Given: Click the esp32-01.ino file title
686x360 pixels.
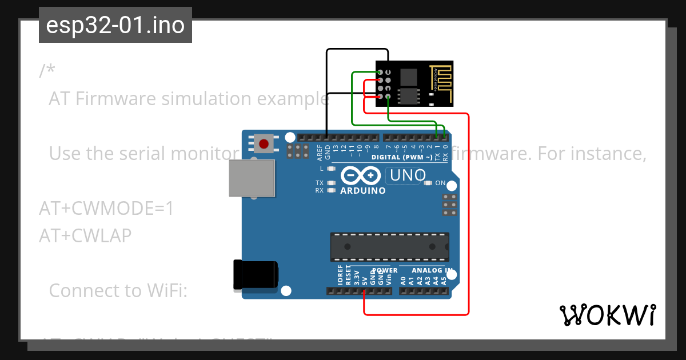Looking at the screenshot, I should [115, 26].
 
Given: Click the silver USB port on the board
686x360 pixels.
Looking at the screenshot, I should [251, 178].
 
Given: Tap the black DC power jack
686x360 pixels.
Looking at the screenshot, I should [255, 274].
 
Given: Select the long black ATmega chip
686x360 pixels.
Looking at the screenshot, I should [389, 246].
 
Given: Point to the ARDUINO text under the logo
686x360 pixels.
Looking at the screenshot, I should [362, 191].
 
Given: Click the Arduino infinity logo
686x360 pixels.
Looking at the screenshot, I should [360, 175].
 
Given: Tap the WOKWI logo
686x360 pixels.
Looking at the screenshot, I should [607, 315].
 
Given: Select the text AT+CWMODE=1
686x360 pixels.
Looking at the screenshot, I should [106, 209].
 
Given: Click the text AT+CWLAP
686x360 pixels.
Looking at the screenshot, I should [85, 235].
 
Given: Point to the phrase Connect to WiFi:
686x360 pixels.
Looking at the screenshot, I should [118, 290].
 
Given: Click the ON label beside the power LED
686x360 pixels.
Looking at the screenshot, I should [440, 183].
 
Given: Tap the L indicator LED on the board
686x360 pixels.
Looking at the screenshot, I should [330, 169].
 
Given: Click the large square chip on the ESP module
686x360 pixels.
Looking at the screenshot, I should [409, 75].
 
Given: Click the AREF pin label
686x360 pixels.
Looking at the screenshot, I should [319, 151].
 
